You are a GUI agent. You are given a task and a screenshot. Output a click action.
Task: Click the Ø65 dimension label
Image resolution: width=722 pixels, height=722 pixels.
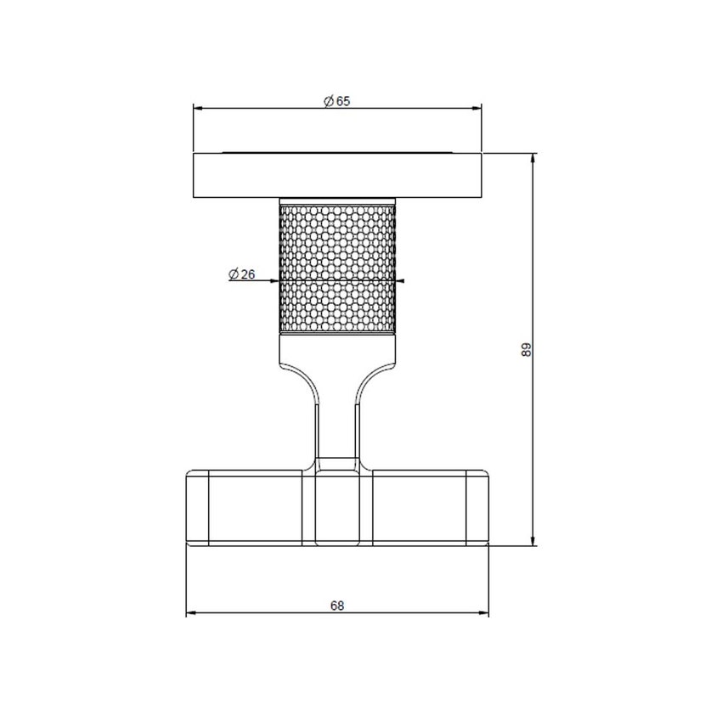tap(337, 100)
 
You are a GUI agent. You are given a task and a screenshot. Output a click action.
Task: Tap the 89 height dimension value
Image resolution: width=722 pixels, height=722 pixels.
tap(526, 349)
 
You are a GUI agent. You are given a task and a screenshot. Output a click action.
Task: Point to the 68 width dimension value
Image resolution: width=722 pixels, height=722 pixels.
tap(337, 606)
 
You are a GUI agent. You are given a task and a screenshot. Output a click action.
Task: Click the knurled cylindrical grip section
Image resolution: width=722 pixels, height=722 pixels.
tap(337, 268)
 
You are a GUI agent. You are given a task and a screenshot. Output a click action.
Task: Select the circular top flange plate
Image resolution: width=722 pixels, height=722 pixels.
tap(337, 176)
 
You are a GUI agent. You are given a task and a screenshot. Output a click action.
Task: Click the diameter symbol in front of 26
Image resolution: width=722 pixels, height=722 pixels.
tap(233, 274)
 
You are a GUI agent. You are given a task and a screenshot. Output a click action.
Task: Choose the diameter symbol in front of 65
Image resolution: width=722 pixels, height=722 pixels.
tap(329, 100)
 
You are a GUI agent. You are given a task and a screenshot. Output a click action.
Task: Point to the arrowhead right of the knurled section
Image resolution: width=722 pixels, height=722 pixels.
tap(401, 280)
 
